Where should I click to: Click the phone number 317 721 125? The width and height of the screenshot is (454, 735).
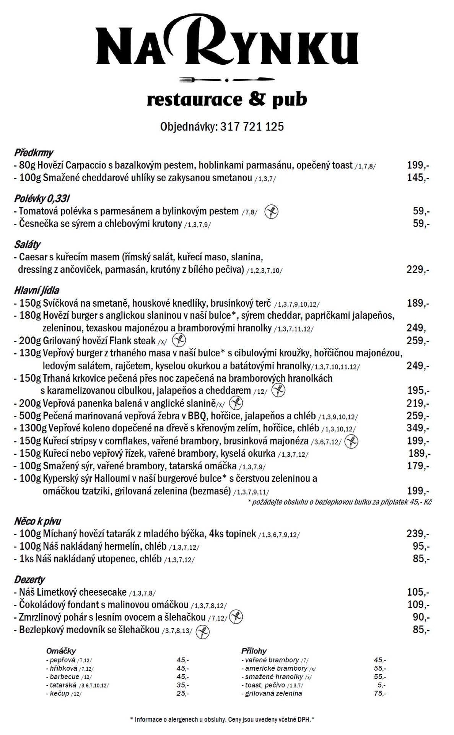click(252, 127)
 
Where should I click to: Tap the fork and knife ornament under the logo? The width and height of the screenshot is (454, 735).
click(227, 80)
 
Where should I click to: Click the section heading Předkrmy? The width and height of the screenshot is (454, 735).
click(34, 153)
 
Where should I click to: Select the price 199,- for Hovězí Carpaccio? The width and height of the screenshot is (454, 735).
click(417, 165)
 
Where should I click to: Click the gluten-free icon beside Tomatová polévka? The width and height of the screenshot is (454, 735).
click(272, 211)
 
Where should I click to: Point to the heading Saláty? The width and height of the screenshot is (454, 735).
click(27, 244)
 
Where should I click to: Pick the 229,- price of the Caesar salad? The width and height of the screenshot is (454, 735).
click(417, 269)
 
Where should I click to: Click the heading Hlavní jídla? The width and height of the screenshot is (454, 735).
click(37, 290)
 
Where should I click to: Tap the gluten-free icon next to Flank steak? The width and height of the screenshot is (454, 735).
click(179, 340)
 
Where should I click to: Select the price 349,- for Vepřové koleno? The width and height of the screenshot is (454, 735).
click(418, 428)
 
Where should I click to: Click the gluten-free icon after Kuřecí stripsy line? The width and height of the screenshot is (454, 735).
click(351, 441)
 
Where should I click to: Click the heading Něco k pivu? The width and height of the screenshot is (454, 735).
click(37, 521)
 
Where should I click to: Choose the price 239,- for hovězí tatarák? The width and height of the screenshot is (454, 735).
click(417, 534)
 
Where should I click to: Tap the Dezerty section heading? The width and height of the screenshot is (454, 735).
click(29, 579)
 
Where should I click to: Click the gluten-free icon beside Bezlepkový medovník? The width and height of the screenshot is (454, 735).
click(203, 632)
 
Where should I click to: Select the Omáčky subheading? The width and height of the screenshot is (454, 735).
click(61, 651)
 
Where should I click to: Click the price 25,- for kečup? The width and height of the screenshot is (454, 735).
click(182, 693)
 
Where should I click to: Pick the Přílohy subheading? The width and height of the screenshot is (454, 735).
click(254, 651)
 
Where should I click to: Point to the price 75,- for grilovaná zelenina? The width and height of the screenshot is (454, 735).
click(379, 693)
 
